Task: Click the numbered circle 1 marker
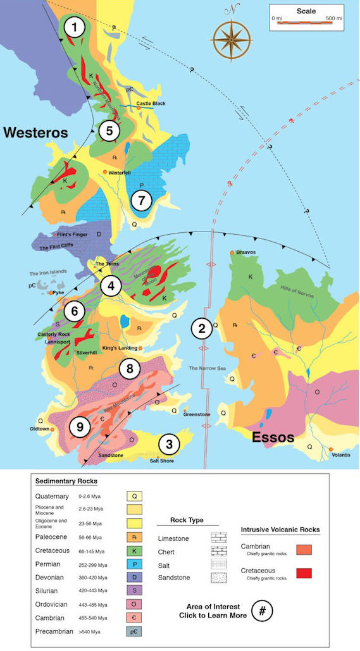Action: click(77, 28)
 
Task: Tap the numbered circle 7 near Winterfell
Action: click(142, 202)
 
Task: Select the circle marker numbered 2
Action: click(202, 328)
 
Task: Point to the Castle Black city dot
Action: click(139, 108)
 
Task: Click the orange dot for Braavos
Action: click(233, 252)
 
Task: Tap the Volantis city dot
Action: click(331, 450)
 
